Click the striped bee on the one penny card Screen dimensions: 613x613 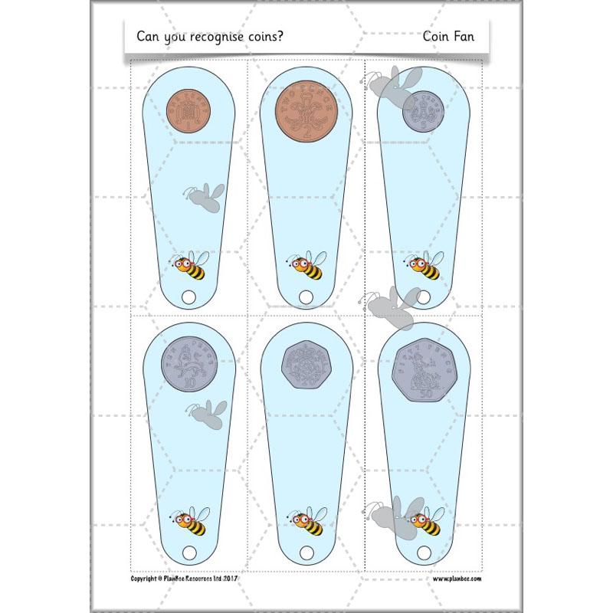click(x=190, y=267)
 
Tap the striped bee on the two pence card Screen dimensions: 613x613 click(x=306, y=266)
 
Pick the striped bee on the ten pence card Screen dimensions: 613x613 click(x=190, y=522)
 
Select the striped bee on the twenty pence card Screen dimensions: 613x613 click(x=306, y=521)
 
